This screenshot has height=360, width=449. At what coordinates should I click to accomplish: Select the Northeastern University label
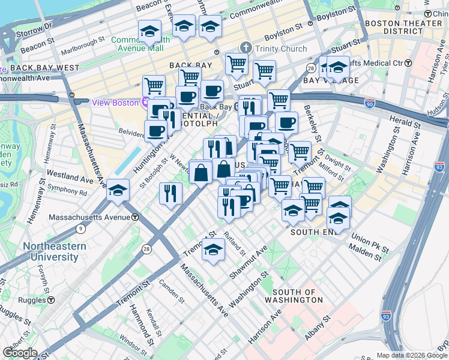pyautogui.click(x=54, y=251)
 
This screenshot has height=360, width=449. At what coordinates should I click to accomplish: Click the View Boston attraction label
pyautogui.click(x=115, y=103)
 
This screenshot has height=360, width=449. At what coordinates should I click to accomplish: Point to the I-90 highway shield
pyautogui.click(x=370, y=103)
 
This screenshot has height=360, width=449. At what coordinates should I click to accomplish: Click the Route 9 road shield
pyautogui.click(x=81, y=228)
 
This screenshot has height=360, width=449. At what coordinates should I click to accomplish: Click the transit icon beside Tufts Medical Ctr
pyautogui.click(x=408, y=63)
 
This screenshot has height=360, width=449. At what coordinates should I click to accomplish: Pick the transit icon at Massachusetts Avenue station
pyautogui.click(x=136, y=217)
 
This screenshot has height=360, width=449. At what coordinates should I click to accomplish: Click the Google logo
pyautogui.click(x=19, y=353)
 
